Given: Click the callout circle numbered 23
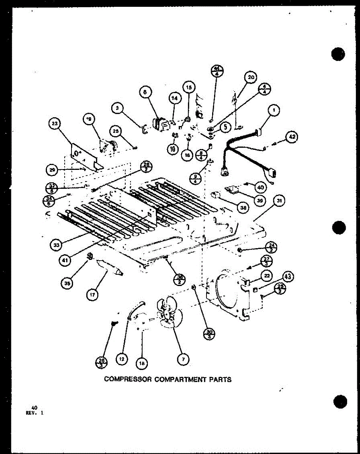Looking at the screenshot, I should [55, 124].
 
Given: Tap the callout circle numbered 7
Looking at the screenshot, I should [183, 360].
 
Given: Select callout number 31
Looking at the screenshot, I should [279, 202].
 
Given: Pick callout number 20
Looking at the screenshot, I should [250, 78].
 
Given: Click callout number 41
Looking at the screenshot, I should [66, 261].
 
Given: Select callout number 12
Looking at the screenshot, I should [121, 360].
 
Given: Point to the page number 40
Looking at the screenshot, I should [34, 407].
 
